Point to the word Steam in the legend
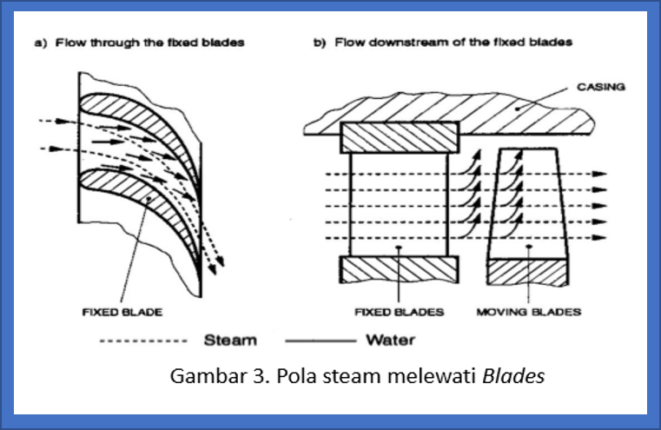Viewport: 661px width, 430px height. (229, 341)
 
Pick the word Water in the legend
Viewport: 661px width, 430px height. (390, 341)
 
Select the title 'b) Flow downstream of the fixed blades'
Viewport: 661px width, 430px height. (442, 41)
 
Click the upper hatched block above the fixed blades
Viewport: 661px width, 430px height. (399, 136)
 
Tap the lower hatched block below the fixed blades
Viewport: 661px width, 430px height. (399, 269)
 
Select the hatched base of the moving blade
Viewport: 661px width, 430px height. (529, 271)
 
